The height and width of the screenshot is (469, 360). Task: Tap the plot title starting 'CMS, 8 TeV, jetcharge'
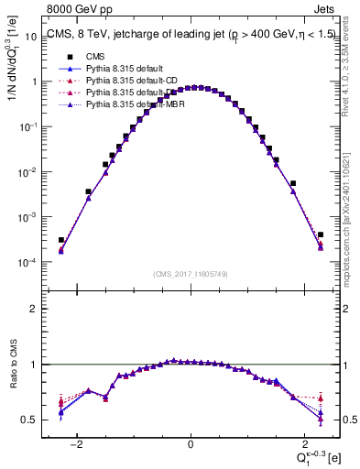click(x=182, y=36)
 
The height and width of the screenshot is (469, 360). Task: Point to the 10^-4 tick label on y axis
click(x=29, y=263)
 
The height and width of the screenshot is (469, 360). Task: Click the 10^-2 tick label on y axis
click(x=29, y=172)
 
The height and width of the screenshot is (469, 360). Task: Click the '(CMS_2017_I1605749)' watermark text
click(x=190, y=274)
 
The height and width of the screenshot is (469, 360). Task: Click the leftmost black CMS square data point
click(x=61, y=240)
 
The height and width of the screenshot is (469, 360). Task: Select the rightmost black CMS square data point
click(x=321, y=234)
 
